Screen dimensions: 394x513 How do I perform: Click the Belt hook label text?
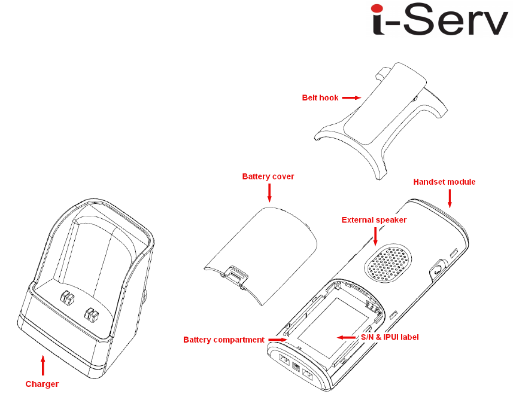pyautogui.click(x=320, y=97)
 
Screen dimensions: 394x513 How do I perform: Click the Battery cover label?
pyautogui.click(x=268, y=176)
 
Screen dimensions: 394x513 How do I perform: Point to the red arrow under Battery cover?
pyautogui.click(x=269, y=193)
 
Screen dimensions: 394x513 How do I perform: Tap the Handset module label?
pyautogui.click(x=445, y=182)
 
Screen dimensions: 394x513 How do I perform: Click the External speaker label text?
pyautogui.click(x=374, y=220)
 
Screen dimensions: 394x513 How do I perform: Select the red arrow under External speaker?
pyautogui.click(x=375, y=237)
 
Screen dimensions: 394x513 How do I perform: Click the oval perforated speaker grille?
pyautogui.click(x=388, y=262)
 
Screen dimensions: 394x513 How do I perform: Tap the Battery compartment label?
pyautogui.click(x=223, y=340)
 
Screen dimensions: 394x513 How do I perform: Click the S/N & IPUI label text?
pyautogui.click(x=389, y=337)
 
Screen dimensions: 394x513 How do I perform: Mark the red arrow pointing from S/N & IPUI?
pyautogui.click(x=346, y=337)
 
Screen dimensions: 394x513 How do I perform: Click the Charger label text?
pyautogui.click(x=42, y=384)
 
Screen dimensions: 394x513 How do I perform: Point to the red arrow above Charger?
pyautogui.click(x=42, y=365)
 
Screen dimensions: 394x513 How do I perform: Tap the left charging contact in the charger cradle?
pyautogui.click(x=66, y=298)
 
